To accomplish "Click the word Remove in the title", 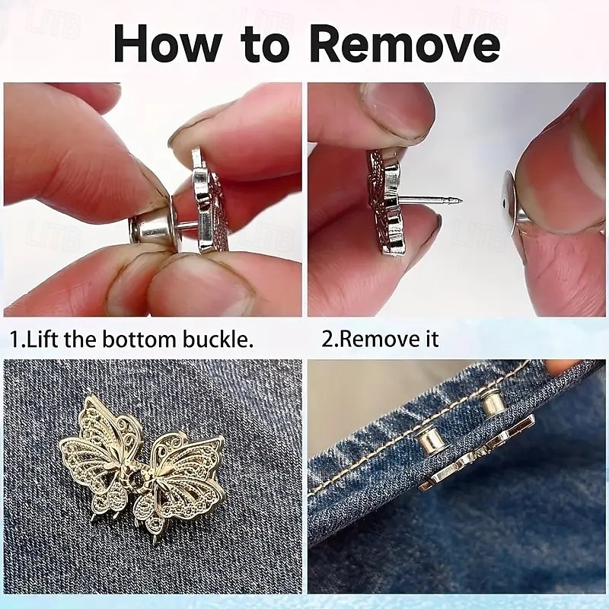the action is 405,43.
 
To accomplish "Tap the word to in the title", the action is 265,45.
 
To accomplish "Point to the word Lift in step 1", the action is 43,339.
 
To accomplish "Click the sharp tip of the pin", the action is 461,201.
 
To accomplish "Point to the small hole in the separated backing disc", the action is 504,202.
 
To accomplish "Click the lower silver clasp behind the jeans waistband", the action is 433,442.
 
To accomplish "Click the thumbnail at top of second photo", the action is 397,110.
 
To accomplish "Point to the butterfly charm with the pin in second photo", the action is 387,202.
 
